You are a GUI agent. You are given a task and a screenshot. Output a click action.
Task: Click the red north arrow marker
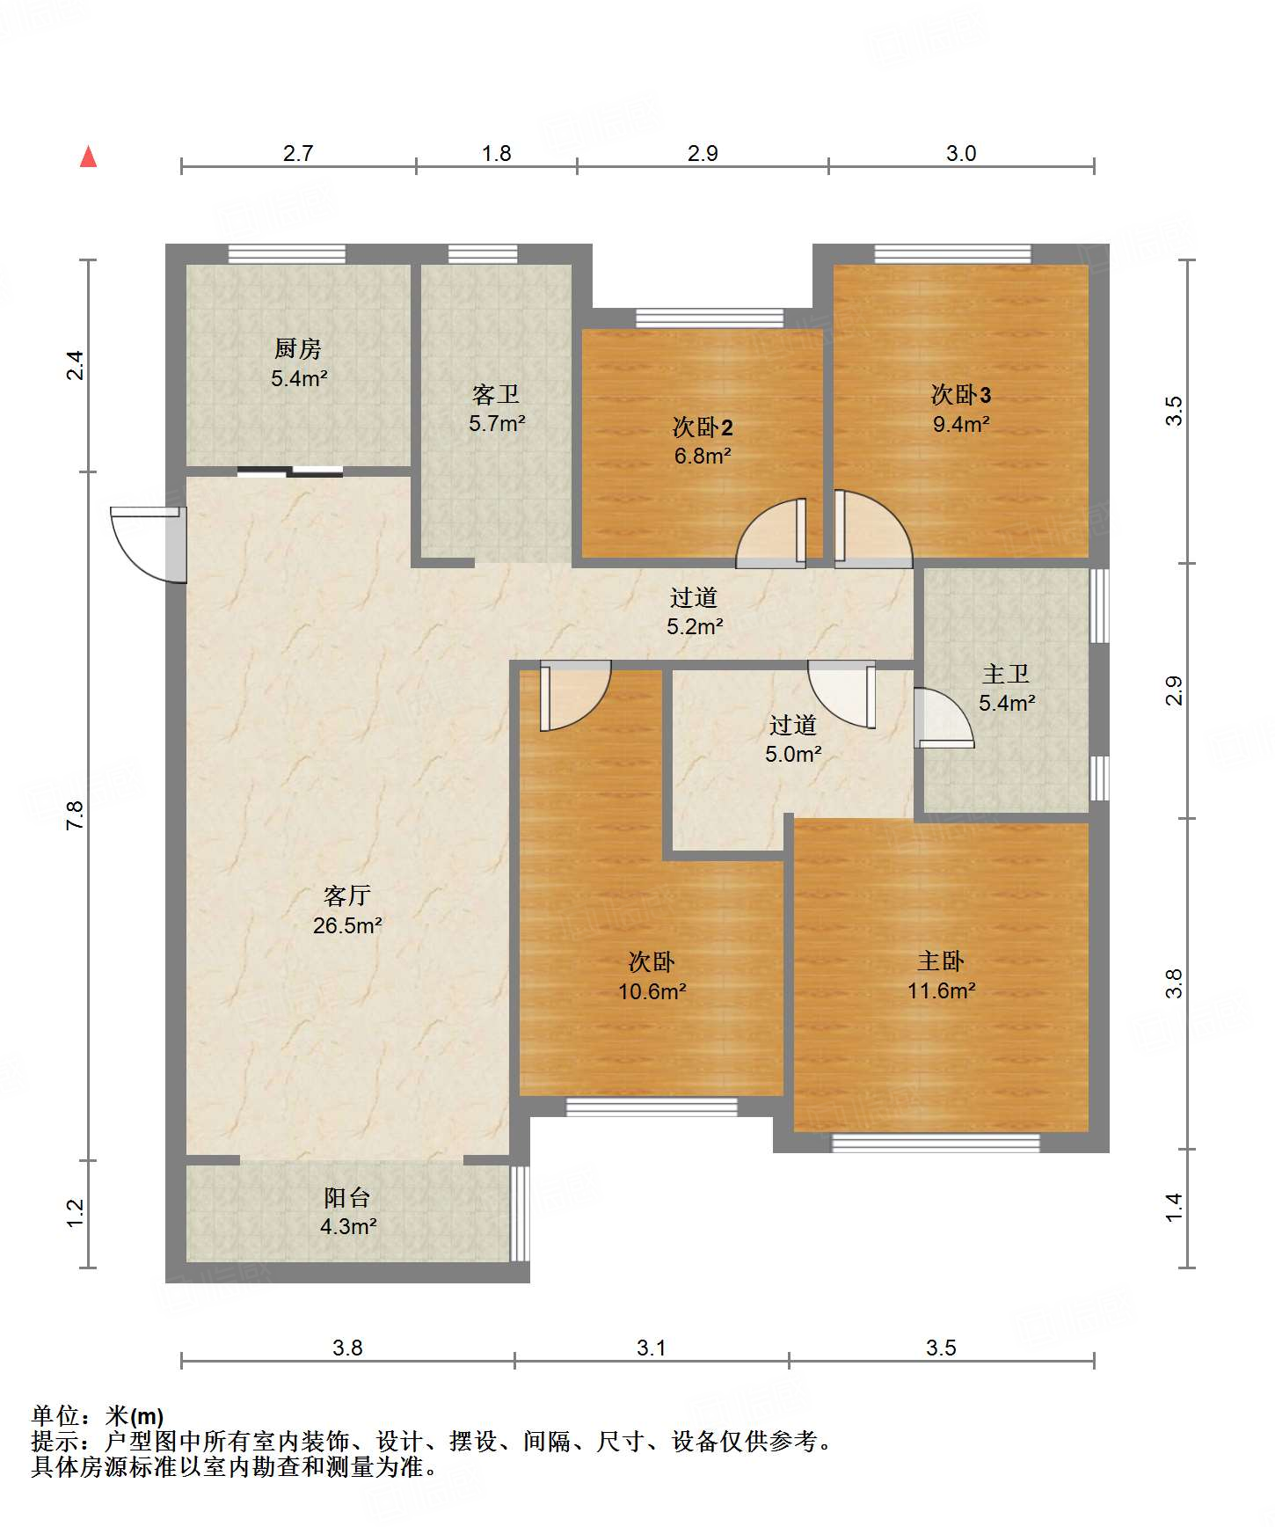pos(88,157)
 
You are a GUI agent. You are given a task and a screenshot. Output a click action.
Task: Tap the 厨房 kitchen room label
pos(298,349)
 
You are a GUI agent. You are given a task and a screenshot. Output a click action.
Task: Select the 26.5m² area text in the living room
pos(347,925)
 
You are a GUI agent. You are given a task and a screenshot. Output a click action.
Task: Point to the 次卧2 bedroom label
pos(703,427)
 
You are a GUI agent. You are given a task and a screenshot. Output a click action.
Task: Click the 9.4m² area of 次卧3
pos(961,424)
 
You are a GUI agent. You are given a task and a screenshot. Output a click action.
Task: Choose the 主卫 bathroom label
pos(1006,674)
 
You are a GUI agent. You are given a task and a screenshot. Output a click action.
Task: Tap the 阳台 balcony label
pos(347,1197)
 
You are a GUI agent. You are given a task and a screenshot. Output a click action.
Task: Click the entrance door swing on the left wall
pos(148,544)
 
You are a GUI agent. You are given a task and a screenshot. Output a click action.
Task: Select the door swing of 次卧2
pos(771,533)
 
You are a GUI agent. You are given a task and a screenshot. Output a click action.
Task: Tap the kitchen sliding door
pos(290,471)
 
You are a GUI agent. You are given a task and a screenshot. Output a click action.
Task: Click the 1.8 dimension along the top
pos(496,153)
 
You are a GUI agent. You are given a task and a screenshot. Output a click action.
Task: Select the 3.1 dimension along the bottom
pos(651,1348)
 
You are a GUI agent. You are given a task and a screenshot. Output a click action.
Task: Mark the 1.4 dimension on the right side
pos(1174,1207)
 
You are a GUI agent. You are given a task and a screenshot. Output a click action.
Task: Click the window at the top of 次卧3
pos(952,254)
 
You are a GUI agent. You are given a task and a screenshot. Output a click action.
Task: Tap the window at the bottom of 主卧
pos(936,1143)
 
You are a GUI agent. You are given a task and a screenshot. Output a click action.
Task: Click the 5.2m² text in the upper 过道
pos(695,626)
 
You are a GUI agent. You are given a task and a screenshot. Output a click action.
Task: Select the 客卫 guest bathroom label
pos(496,394)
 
